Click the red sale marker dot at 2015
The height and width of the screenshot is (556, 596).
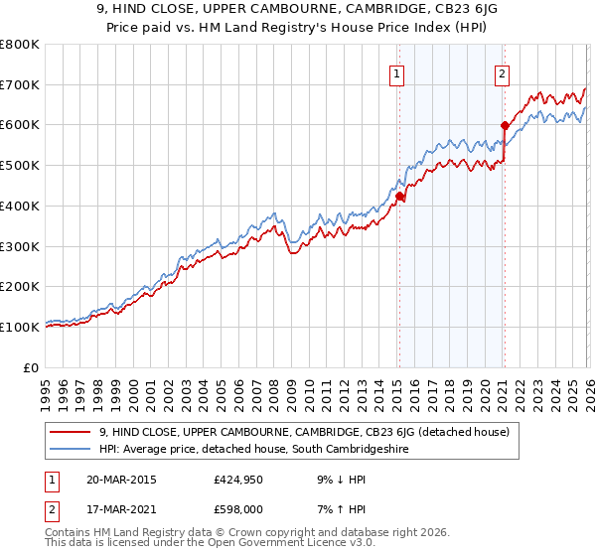[399, 197]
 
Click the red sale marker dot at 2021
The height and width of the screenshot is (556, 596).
[505, 126]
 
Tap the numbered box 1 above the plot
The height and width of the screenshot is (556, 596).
[397, 72]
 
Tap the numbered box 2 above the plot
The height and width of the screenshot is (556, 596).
[503, 72]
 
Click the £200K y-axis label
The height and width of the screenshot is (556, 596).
[20, 287]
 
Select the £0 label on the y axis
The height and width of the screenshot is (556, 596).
[32, 367]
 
